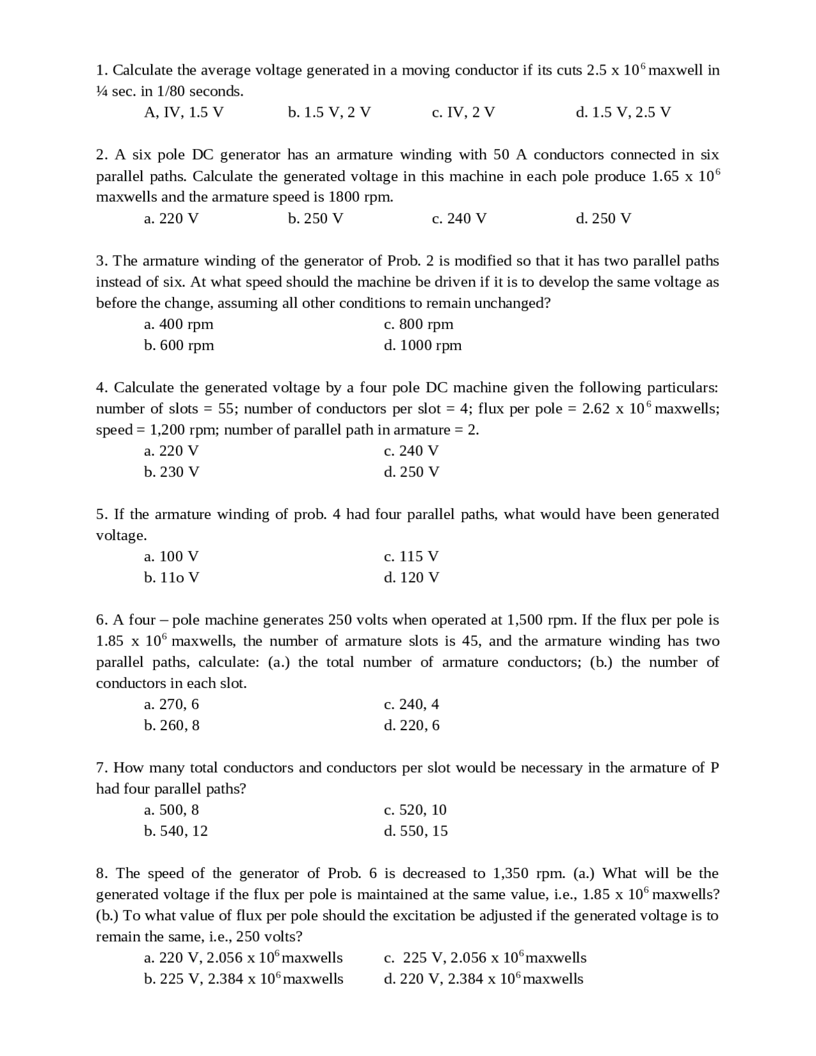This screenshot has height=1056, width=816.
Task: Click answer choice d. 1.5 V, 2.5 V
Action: pos(623,113)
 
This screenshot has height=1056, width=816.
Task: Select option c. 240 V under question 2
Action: pos(459,219)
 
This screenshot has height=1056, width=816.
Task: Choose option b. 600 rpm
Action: pos(178,346)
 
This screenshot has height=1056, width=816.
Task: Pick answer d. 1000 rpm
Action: pos(423,346)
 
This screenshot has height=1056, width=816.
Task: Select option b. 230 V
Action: pos(171,472)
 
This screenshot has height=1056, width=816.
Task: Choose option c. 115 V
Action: pos(411,557)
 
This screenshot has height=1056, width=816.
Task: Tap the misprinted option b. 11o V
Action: pos(171,578)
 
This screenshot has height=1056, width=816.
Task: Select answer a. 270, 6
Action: pos(171,705)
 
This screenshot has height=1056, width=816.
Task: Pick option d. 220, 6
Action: pos(412,726)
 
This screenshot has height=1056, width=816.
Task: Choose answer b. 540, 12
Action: pos(176,831)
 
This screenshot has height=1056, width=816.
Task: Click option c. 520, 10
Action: pos(415,810)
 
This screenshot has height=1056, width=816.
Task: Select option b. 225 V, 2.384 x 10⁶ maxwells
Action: pos(244,979)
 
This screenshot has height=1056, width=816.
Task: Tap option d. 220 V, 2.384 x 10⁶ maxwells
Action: pos(483,979)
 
